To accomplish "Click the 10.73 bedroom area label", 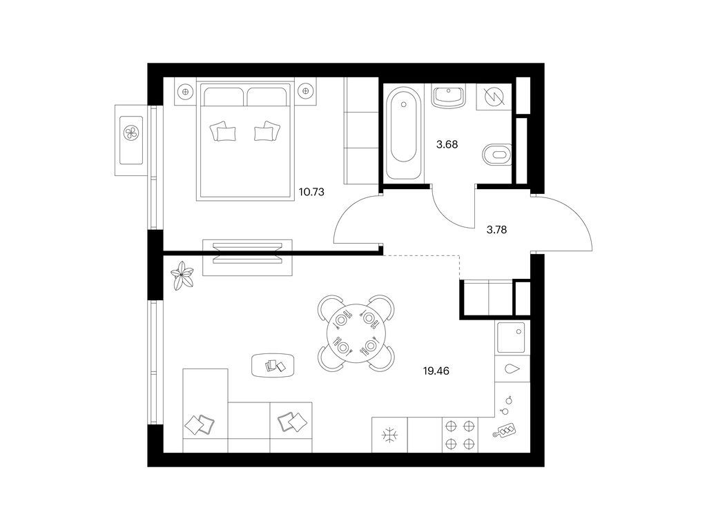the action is pos(311,192).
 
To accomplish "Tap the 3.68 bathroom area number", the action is pos(447,145).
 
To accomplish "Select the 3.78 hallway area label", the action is pos(496,230).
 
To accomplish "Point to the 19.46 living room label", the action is pos(436,371).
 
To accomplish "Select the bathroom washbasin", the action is pos(449,97).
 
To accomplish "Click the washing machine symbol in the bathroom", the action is pos(494,97).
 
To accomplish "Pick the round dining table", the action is pos(356,333).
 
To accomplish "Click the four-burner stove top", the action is pos(460,435).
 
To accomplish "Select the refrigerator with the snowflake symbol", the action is pos(389,435).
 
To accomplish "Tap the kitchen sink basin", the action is pos(512,337).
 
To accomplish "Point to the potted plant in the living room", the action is pos(182,275).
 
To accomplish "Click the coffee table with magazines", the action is pos(273,366).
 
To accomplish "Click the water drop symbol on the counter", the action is pos(513,369).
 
